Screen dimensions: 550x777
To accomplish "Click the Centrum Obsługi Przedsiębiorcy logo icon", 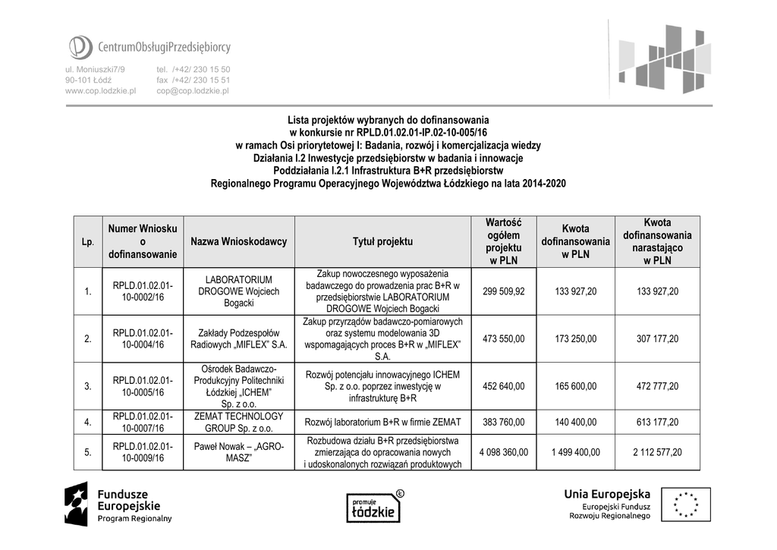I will point(80,47).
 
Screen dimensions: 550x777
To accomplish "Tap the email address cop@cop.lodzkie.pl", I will point(193,90).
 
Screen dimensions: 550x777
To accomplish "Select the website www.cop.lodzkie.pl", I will point(100,90).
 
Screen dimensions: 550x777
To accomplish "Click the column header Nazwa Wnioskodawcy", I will point(239,242).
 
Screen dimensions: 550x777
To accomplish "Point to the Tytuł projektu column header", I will point(382,242).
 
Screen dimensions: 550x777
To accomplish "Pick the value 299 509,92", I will point(503,291).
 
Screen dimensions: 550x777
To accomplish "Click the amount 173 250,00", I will point(577,338).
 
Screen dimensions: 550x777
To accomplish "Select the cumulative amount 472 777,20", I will point(657,386).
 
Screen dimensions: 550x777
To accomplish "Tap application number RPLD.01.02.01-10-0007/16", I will point(143,422).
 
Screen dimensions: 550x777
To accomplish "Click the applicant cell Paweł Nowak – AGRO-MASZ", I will point(238,452).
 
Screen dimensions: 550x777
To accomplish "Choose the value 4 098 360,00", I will point(503,452).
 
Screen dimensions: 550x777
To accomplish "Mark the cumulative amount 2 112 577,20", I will point(657,452).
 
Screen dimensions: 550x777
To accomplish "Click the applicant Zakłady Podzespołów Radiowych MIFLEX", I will point(238,338).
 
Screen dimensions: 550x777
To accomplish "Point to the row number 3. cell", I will point(89,386).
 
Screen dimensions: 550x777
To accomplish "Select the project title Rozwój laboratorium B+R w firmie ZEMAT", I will point(382,423).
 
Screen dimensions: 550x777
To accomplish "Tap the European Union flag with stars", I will point(685,504).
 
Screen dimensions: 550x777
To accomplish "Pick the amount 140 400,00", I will point(577,423).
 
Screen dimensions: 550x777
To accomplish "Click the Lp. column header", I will point(89,242).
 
